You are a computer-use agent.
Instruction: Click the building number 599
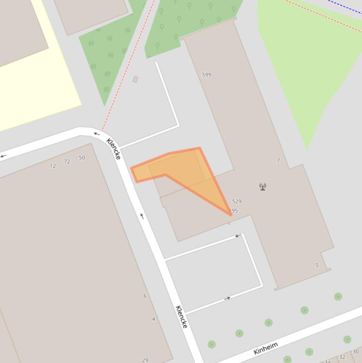click(206, 74)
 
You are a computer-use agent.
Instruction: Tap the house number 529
click(236, 201)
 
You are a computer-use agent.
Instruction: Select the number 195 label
click(233, 211)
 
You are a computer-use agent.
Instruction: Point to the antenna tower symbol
click(263, 187)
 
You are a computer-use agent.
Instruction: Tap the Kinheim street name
click(265, 348)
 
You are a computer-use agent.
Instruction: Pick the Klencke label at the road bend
click(113, 148)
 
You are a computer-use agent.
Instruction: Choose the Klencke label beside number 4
click(181, 317)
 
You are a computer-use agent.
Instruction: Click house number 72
click(67, 161)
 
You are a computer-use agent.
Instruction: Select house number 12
click(53, 166)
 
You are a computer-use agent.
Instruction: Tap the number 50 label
click(82, 157)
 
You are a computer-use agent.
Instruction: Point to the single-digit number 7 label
click(278, 160)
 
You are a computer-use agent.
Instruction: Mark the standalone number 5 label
click(317, 265)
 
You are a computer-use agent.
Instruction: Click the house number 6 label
click(145, 296)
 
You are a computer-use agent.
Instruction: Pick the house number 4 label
click(153, 319)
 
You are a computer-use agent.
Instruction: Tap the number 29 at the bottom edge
click(145, 360)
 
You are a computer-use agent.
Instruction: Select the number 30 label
click(355, 352)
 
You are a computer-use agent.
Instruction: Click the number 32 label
click(342, 357)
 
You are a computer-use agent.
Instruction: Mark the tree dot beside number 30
click(347, 339)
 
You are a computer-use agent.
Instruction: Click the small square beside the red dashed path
click(136, 79)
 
